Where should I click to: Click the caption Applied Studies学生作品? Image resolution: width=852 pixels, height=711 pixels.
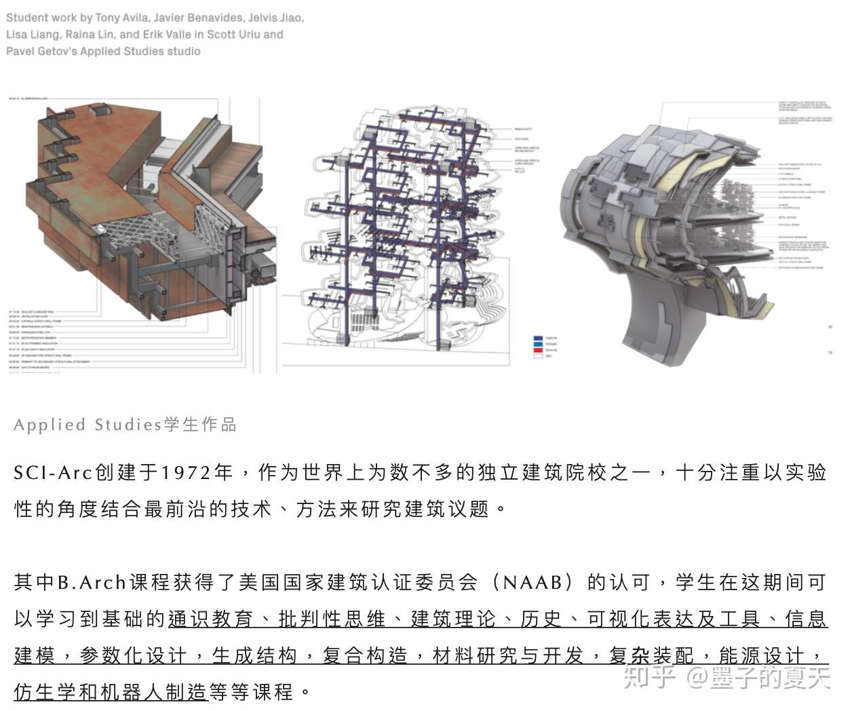coord(125,425)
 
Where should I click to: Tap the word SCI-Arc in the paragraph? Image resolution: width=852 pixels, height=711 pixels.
coord(52,472)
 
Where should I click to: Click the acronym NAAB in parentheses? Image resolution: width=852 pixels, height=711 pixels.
coord(532,582)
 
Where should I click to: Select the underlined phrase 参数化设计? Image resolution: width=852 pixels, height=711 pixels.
coord(133,655)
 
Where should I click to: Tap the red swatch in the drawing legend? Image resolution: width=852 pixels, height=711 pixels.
coord(539,350)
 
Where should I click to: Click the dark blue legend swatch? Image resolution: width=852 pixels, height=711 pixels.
coord(539,338)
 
